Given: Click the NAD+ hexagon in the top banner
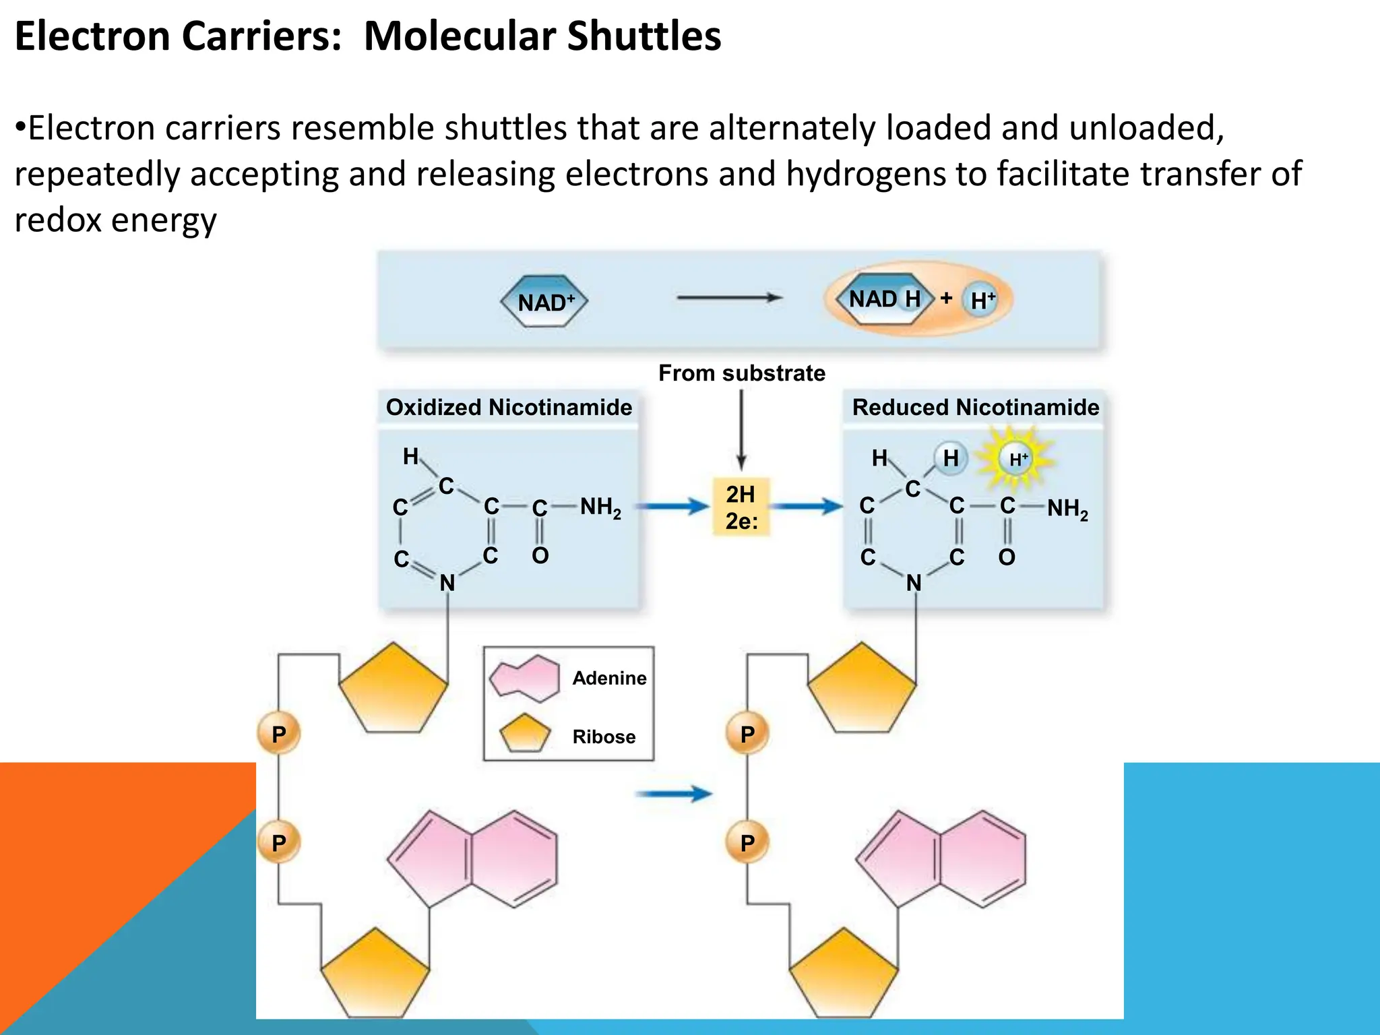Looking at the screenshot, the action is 544,302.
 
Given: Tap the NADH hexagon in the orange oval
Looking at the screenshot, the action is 884,299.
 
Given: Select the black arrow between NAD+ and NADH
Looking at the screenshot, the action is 730,297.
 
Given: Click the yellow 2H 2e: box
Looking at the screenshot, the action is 741,507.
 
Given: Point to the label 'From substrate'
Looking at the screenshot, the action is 742,373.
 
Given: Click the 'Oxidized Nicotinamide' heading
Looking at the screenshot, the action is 509,407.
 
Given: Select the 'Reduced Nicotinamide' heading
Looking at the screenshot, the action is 976,407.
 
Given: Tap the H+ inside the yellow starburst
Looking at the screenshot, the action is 1017,460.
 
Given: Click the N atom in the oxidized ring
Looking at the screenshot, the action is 447,583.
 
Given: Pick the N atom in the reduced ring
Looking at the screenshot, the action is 914,583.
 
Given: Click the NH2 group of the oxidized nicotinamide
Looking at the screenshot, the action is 600,507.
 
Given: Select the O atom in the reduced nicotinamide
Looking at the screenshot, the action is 1007,557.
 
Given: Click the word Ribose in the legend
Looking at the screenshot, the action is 604,736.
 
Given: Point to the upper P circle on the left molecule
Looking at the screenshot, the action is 278,734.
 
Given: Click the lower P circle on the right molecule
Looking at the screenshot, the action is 747,842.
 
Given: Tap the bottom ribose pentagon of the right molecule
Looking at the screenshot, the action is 844,974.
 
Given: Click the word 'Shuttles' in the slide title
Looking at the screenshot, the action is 644,36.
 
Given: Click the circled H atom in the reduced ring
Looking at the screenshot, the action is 951,459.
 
